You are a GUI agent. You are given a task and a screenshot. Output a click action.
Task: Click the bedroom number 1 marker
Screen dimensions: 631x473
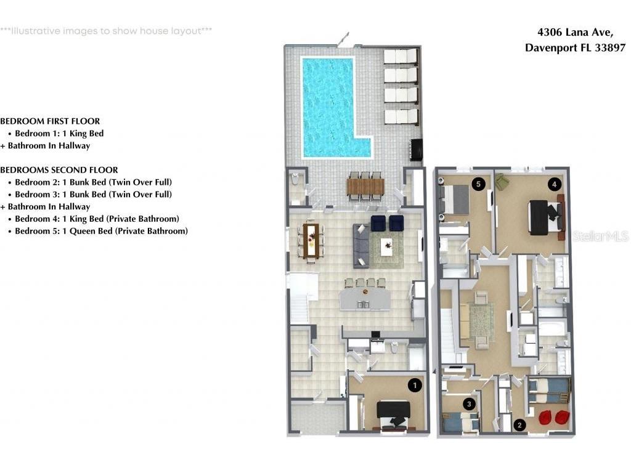pos(415,386)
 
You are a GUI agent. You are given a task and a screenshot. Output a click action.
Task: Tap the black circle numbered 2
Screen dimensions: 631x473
pos(519,425)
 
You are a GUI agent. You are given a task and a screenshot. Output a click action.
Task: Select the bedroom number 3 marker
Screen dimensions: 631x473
pos(469,404)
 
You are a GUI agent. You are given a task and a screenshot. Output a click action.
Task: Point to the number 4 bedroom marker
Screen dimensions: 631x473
pos(554,185)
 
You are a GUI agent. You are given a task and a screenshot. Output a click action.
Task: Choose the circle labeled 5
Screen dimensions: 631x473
pos(478,184)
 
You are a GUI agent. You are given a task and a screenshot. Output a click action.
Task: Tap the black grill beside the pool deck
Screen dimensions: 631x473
pos(416,150)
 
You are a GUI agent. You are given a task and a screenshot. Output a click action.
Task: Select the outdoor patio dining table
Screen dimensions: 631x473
pos(365,186)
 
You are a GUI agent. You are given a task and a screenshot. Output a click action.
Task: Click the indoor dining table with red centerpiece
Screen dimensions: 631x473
pos(311,241)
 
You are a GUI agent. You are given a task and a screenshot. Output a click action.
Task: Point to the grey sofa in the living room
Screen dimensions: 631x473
pos(361,246)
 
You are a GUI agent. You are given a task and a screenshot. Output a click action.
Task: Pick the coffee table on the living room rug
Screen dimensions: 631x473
pos(387,246)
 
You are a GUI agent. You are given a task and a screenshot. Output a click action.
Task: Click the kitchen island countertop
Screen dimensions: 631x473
pos(365,299)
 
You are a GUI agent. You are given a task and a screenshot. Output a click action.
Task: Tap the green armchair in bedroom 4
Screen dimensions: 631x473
pos(502,181)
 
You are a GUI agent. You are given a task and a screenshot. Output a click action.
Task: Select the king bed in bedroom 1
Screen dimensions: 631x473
pos(393,415)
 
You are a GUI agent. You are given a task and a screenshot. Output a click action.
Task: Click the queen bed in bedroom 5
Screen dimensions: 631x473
pos(455,200)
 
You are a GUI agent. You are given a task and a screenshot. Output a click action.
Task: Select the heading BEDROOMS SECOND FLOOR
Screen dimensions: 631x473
pos(59,170)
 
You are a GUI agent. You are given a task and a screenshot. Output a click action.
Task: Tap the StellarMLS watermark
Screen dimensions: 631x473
pos(600,236)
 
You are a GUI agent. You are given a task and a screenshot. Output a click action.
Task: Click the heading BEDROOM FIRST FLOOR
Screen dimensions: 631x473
pos(50,121)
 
